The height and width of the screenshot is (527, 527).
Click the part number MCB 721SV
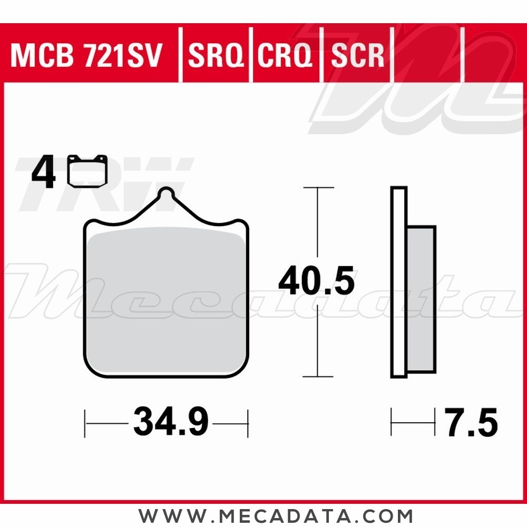[x=86, y=56]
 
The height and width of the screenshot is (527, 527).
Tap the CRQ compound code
[x=285, y=56]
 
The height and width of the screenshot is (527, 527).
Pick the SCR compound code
[x=357, y=56]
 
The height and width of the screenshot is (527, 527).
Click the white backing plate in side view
[x=399, y=282]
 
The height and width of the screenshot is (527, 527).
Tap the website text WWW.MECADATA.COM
[x=276, y=514]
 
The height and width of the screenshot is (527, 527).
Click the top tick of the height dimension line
[x=318, y=188]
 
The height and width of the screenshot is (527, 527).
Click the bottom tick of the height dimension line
[x=318, y=376]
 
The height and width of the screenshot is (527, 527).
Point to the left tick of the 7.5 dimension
[x=391, y=422]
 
